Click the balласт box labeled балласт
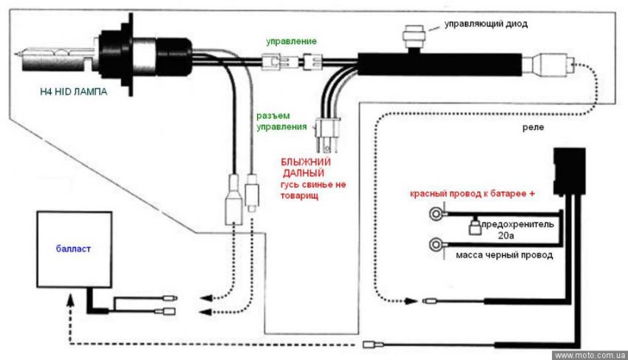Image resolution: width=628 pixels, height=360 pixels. pos(74,249)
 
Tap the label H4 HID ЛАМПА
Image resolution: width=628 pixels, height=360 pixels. pos(74,92)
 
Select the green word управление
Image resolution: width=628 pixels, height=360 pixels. pos(291,41)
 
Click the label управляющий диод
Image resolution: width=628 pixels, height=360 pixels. pos(486,24)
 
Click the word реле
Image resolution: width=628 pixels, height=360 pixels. pos(533,127)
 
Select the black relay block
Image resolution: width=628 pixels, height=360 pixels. pos(569,171)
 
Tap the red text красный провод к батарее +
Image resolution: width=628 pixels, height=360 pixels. pos(472,194)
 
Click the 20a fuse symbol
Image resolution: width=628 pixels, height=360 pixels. pos(474,227)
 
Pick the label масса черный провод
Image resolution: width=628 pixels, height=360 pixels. pos(504,255)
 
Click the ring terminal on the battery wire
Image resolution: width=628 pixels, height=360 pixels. pos(436,214)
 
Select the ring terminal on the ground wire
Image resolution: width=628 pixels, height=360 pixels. pos(436,244)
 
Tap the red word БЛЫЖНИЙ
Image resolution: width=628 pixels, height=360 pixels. pos(306,163)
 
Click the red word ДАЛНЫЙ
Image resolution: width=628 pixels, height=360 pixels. pos(304,174)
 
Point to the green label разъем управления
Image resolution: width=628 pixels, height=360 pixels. pos(281,121)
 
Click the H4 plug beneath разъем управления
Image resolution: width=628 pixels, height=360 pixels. pos(328,135)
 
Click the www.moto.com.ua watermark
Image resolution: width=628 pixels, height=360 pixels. pos(590,355)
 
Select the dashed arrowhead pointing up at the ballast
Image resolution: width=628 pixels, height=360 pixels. pos(70,299)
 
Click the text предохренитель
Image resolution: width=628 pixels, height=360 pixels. pos(517,224)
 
